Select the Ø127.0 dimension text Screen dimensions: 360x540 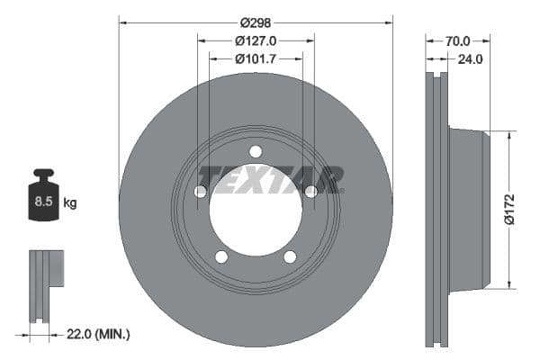[256, 40]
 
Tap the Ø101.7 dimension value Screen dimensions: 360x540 [256, 58]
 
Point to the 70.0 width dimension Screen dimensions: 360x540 [457, 40]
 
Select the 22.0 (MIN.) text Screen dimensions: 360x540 [100, 334]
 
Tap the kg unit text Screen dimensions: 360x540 [70, 202]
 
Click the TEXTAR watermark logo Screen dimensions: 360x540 [271, 178]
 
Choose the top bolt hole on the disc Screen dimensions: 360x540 [256, 151]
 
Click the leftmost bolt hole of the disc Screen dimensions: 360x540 [200, 192]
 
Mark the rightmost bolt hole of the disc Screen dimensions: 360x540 [311, 192]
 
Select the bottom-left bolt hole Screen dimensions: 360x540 [221, 257]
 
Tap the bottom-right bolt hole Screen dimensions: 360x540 [290, 257]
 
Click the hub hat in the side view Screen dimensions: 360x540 [470, 209]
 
